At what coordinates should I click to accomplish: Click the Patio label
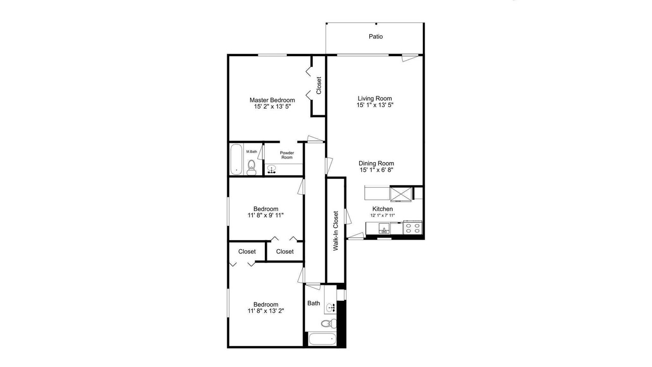[x=375, y=37]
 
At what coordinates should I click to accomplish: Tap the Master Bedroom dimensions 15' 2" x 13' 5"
[x=273, y=107]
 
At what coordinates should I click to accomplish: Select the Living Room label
[x=375, y=98]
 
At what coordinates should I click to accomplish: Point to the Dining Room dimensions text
[x=376, y=170]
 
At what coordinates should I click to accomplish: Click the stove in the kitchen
[x=413, y=227]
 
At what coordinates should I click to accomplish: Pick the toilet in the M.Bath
[x=252, y=168]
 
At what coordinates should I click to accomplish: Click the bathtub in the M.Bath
[x=236, y=160]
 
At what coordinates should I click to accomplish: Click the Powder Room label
[x=287, y=155]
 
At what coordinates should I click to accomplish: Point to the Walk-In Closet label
[x=336, y=231]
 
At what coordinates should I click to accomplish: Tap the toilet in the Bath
[x=329, y=323]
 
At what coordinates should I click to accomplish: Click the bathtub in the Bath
[x=322, y=339]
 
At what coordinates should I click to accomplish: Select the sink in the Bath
[x=331, y=308]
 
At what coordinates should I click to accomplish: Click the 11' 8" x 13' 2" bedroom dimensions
[x=266, y=311]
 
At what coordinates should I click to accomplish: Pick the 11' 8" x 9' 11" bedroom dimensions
[x=266, y=215]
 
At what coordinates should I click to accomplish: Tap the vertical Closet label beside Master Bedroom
[x=319, y=85]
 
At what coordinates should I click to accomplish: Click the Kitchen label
[x=383, y=209]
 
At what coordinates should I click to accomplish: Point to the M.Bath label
[x=252, y=152]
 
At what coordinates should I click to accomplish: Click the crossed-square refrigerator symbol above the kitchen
[x=401, y=194]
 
